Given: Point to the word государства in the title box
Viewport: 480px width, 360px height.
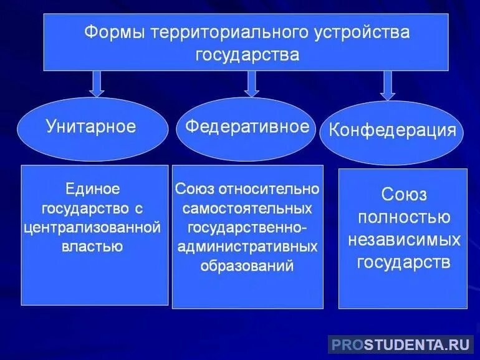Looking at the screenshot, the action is pyautogui.click(x=247, y=54).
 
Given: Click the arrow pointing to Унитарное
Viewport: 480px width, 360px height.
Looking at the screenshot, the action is pyautogui.click(x=96, y=83).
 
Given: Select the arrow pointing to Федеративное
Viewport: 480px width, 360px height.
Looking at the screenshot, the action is pyautogui.click(x=251, y=83).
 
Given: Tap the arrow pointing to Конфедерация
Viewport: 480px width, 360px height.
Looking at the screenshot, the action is pyautogui.click(x=388, y=85).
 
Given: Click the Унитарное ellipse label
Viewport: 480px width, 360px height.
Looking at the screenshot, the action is pyautogui.click(x=91, y=127).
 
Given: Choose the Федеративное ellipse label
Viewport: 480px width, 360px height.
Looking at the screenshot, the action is pyautogui.click(x=247, y=127).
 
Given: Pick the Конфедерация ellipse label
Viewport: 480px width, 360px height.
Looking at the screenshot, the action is pyautogui.click(x=392, y=131).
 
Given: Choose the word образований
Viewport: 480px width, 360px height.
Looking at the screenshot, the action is pyautogui.click(x=247, y=265).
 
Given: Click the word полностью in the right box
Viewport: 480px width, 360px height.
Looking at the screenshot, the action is pyautogui.click(x=403, y=217).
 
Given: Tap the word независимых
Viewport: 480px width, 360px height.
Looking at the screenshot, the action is pyautogui.click(x=403, y=239).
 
